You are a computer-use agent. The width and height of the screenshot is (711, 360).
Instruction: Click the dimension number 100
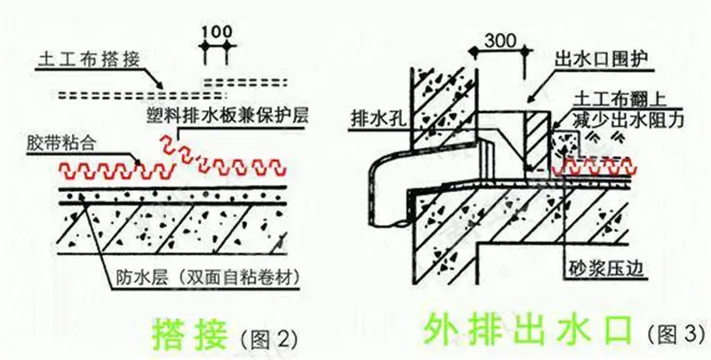click(216, 32)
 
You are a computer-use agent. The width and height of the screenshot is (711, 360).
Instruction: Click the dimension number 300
click(500, 41)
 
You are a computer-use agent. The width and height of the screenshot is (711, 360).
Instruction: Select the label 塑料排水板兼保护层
click(228, 116)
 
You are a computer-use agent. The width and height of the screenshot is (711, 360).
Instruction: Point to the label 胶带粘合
click(61, 143)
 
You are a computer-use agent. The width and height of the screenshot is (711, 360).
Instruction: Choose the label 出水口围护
click(603, 60)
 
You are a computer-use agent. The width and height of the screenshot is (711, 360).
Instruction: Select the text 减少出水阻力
click(627, 120)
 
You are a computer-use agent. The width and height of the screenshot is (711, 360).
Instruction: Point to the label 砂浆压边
click(606, 268)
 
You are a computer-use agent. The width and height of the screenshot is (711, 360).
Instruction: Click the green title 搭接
click(189, 334)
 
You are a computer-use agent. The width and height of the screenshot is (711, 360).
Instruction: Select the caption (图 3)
click(676, 334)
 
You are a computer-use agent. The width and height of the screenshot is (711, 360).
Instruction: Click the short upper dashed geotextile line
click(245, 82)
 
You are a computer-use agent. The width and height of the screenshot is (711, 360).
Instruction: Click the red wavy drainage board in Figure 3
click(595, 167)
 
